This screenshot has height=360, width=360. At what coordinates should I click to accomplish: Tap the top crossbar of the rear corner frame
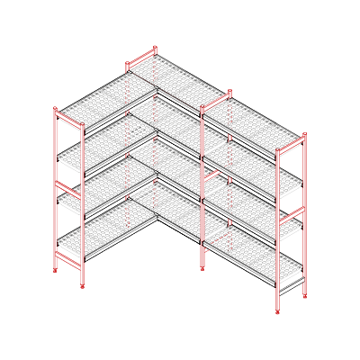tap(141, 60)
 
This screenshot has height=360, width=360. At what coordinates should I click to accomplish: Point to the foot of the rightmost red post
tap(305, 294)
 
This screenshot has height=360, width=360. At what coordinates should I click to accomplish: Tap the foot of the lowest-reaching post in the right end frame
tap(277, 311)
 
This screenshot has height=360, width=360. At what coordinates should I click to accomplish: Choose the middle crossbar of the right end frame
tap(292, 217)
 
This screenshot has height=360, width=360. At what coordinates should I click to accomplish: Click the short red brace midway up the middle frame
tap(212, 174)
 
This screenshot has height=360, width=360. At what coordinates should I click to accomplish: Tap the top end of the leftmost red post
tap(55, 109)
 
